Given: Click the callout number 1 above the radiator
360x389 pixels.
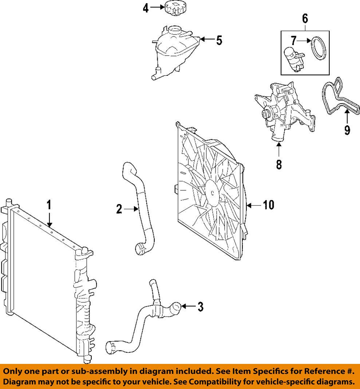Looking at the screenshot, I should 49,205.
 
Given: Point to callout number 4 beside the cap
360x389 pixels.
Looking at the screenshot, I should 146,8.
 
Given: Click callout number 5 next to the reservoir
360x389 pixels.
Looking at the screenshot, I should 218,40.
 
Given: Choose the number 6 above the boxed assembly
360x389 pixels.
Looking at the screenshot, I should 305,17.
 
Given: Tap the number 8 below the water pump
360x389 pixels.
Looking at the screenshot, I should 279,164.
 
